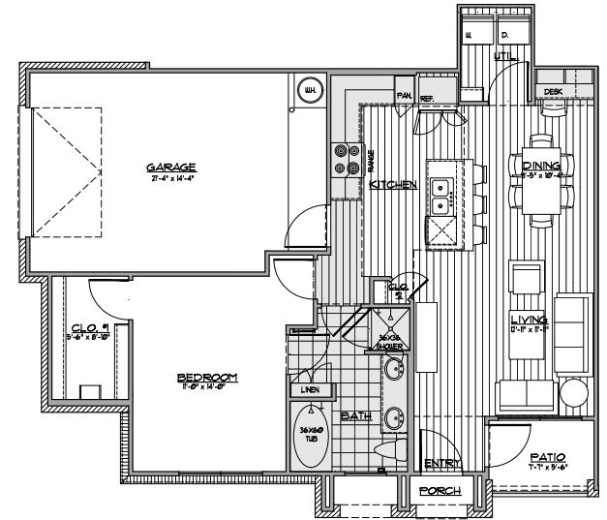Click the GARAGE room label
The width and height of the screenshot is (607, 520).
point(172,166)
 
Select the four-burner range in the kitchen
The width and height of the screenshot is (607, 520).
point(344,159)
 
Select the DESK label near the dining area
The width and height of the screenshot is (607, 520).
point(554,91)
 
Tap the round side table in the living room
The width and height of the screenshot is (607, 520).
point(572,393)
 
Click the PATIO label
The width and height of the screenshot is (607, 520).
point(547,457)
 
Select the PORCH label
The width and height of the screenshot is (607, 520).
point(439,490)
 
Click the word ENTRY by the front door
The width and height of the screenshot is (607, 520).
point(441,463)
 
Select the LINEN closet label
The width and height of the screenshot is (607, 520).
point(311,389)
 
